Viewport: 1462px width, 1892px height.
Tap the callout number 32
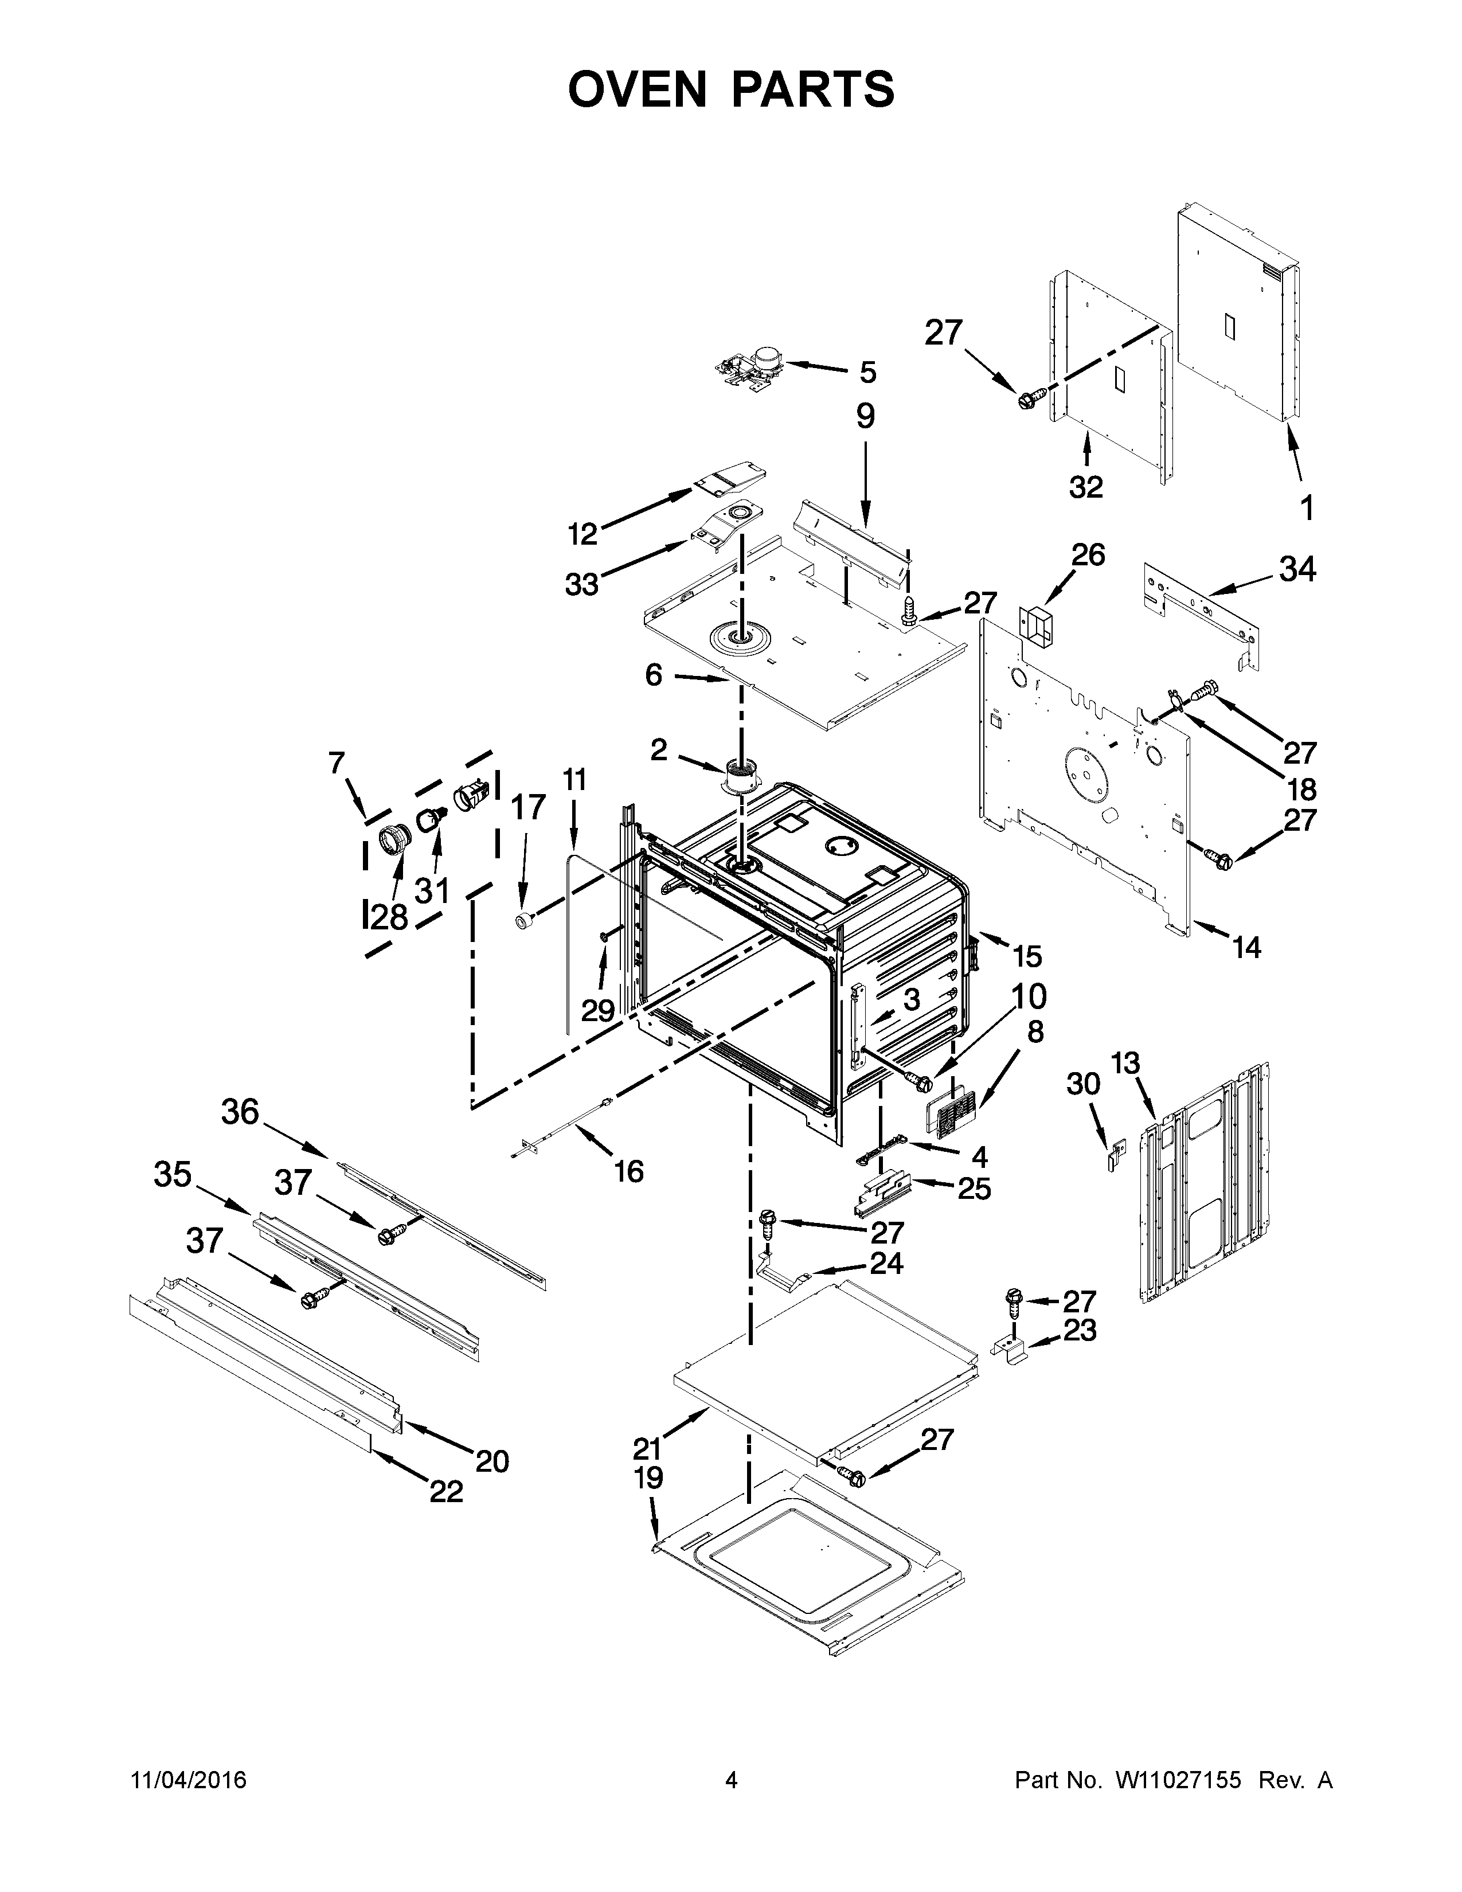[1086, 488]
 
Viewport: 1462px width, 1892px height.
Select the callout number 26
[1088, 554]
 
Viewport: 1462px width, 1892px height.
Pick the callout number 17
[527, 807]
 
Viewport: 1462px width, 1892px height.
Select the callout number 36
[240, 1112]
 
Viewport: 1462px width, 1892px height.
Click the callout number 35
[173, 1175]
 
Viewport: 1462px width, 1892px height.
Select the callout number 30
[1084, 1084]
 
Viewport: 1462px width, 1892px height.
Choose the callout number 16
[629, 1172]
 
